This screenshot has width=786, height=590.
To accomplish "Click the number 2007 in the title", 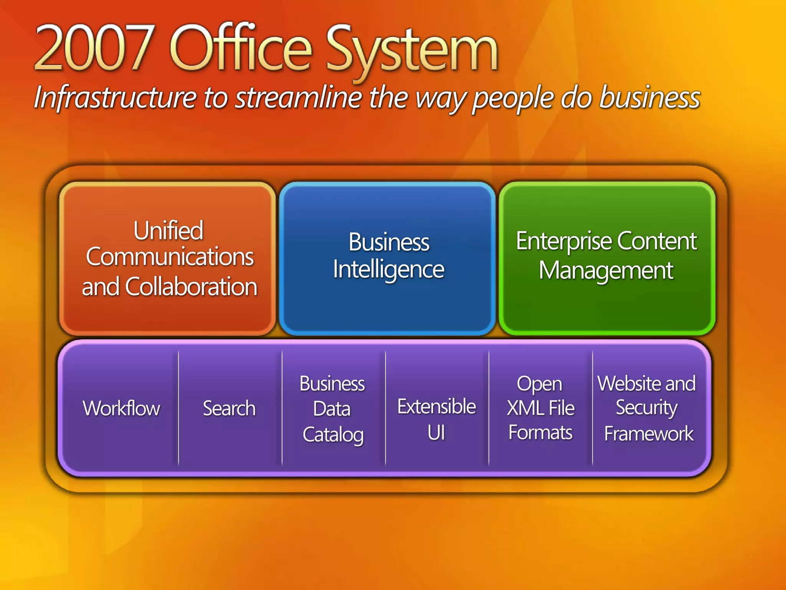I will (x=94, y=48).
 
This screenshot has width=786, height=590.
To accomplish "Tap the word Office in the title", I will (x=240, y=48).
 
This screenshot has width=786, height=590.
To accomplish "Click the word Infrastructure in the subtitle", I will (x=115, y=98).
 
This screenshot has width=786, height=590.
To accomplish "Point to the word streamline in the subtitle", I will (x=298, y=98).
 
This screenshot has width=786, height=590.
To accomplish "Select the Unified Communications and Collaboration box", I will (x=168, y=258).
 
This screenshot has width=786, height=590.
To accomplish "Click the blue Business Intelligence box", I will (x=388, y=258).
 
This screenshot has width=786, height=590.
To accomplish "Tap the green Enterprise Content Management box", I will (x=607, y=258).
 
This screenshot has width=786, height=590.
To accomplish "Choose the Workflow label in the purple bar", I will (x=121, y=408).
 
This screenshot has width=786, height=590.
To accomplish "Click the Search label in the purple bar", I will (x=229, y=408).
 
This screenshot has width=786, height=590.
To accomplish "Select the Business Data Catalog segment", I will (x=332, y=409).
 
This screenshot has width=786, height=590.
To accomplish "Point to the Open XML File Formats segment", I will (x=540, y=408).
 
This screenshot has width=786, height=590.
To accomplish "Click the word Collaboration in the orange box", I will (x=191, y=287).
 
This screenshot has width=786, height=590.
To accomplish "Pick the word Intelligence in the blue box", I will (x=388, y=270).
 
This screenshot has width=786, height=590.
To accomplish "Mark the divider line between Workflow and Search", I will (x=178, y=408).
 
